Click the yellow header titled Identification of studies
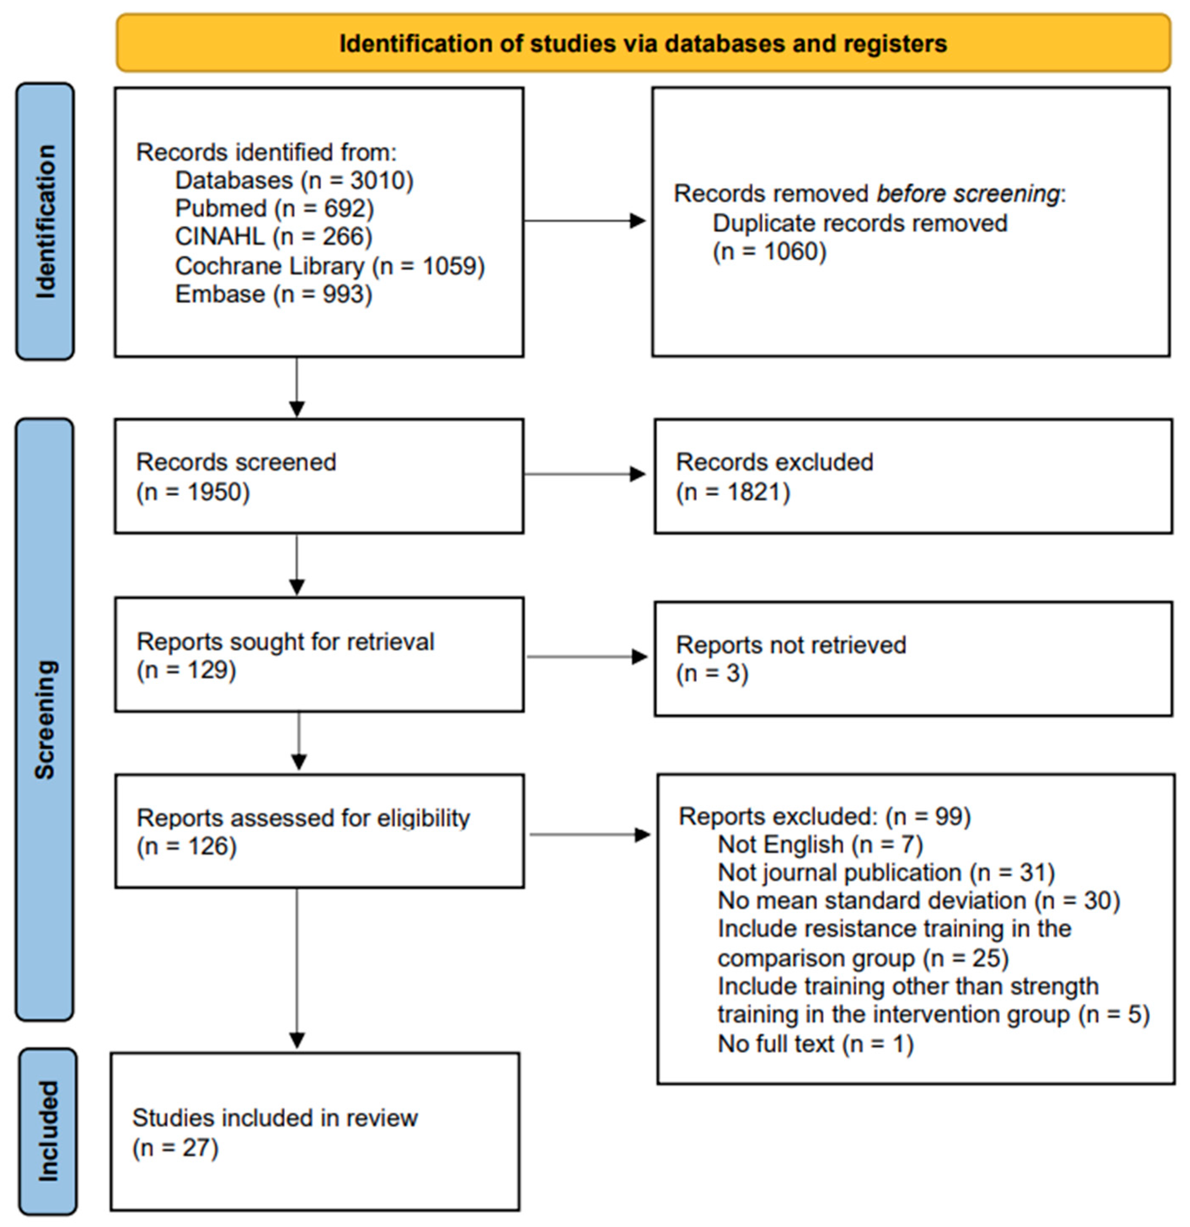click(643, 43)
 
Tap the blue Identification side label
click(45, 222)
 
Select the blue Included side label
click(48, 1131)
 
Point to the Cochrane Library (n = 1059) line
click(330, 266)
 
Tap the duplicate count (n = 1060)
click(769, 251)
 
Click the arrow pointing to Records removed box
click(585, 220)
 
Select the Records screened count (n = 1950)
click(193, 492)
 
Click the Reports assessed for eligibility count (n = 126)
click(187, 846)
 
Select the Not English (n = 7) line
click(820, 845)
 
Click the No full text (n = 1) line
click(815, 1044)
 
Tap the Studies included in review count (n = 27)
click(175, 1148)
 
